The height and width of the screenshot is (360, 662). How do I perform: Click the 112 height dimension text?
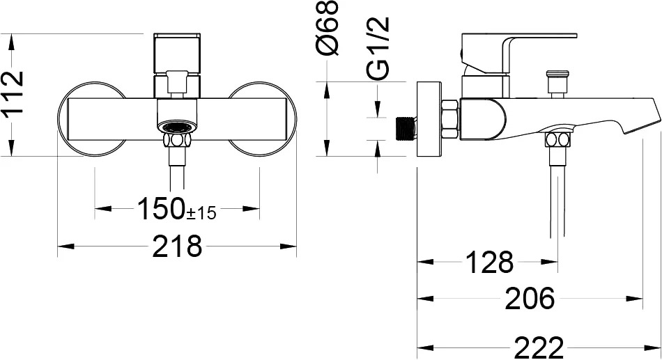pyautogui.click(x=12, y=93)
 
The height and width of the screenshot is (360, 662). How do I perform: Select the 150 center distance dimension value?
pyautogui.click(x=162, y=208)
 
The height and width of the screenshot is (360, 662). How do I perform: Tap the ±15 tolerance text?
pyautogui.click(x=201, y=213)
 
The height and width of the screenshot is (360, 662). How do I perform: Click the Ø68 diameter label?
pyautogui.click(x=328, y=28)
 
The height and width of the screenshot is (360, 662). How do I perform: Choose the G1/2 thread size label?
pyautogui.click(x=378, y=49)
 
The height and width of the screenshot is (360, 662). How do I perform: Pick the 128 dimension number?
pyautogui.click(x=489, y=262)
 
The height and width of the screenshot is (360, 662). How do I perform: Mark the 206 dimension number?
pyautogui.click(x=530, y=299)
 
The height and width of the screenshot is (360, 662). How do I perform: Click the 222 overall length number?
pyautogui.click(x=539, y=347)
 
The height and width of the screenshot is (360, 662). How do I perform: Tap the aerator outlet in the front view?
pyautogui.click(x=177, y=127)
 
